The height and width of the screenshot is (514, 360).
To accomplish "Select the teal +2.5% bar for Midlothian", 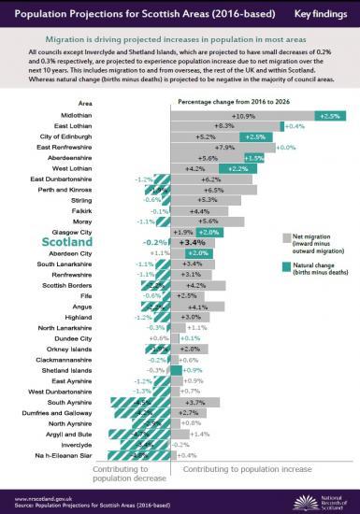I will [x=328, y=115].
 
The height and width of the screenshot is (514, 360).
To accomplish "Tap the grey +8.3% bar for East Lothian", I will [x=225, y=125].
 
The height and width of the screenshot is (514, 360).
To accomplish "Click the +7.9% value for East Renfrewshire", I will [x=223, y=148].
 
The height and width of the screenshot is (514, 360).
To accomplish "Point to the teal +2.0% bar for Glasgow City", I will [x=208, y=231].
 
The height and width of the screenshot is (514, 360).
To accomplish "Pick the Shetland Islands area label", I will [x=72, y=369].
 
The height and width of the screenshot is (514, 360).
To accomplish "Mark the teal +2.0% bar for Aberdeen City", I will [x=197, y=252].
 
